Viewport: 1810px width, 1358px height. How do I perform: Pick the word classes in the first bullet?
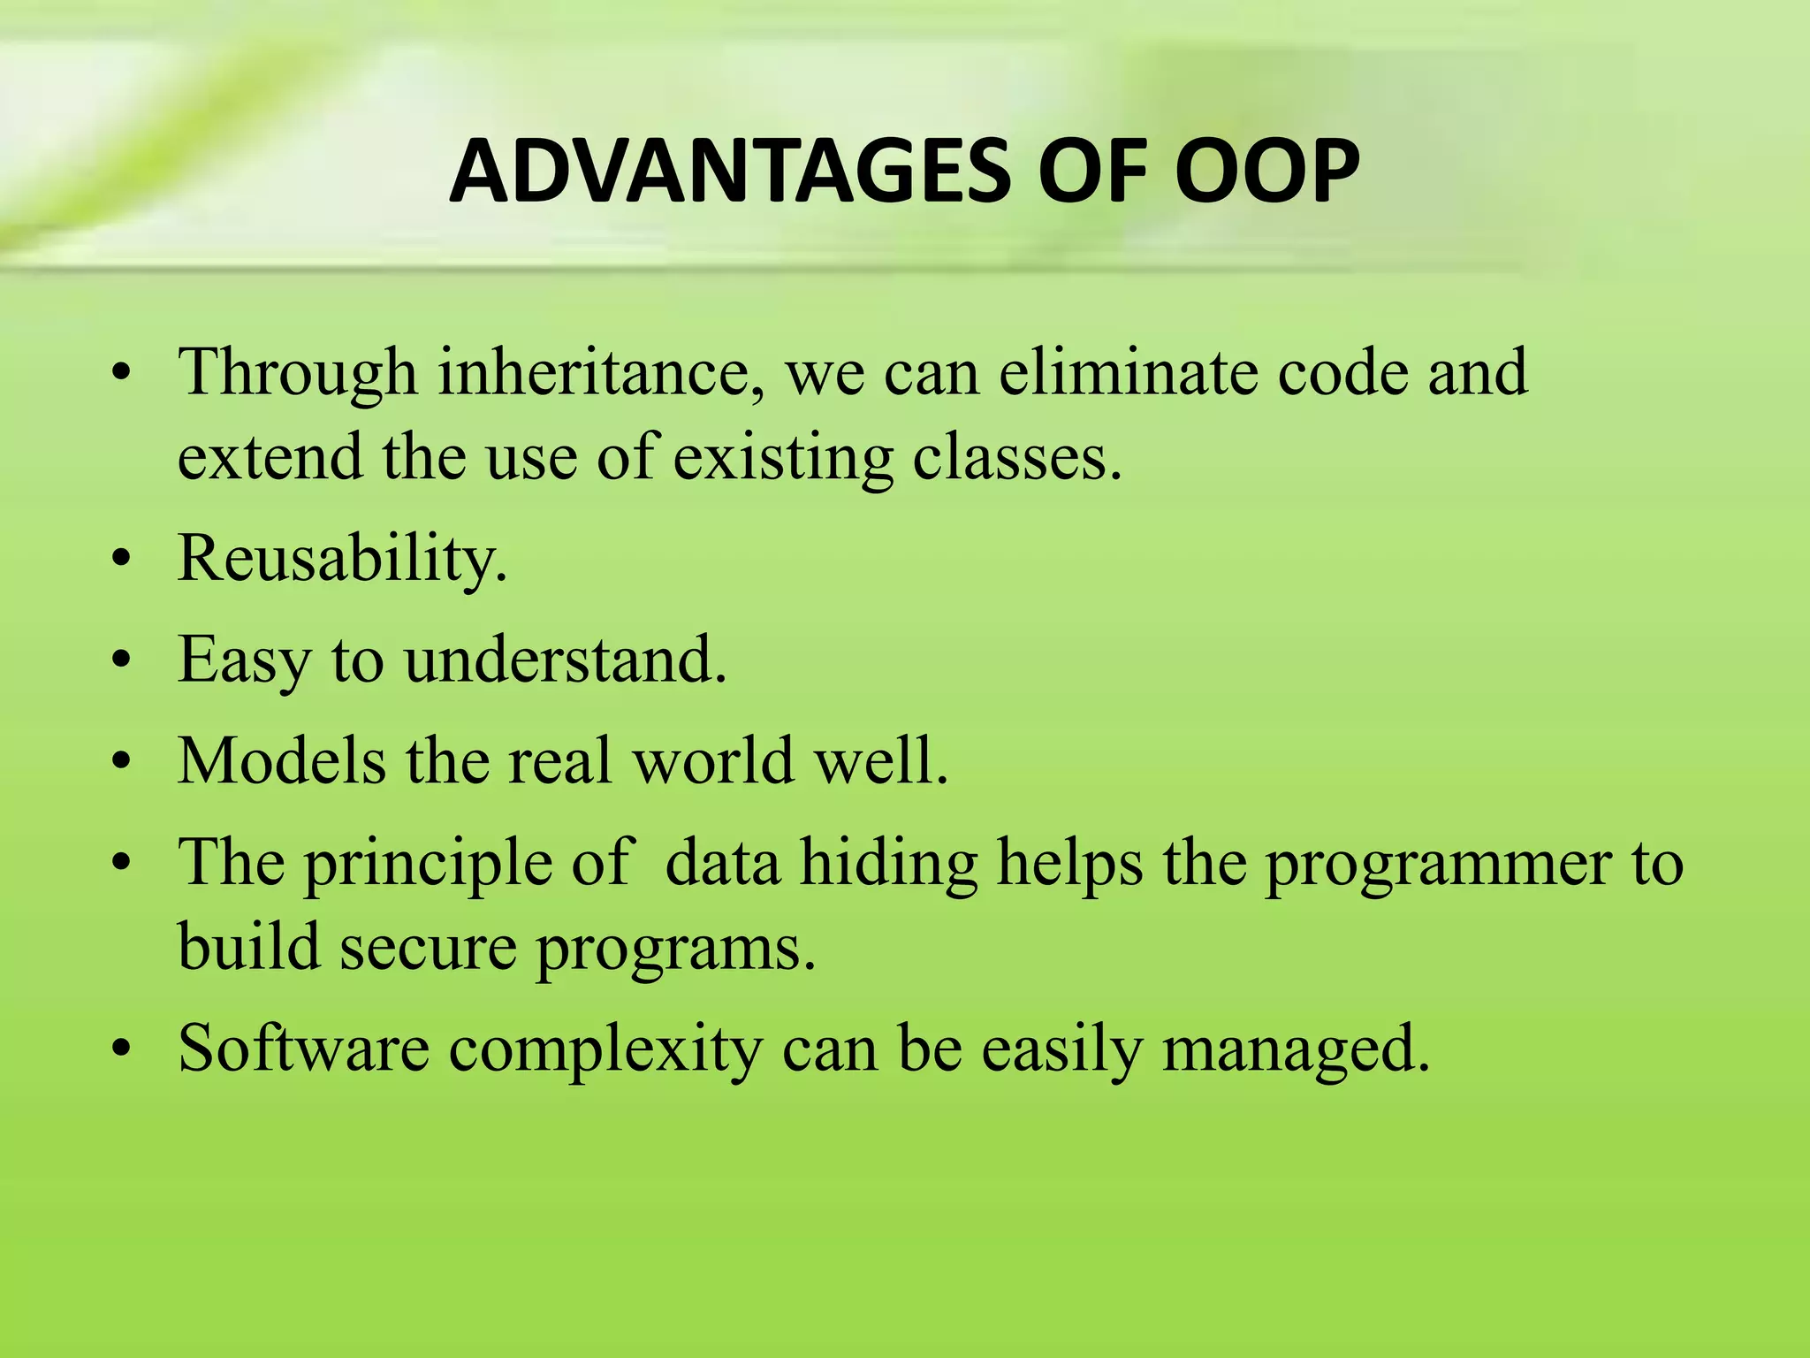coord(1016,458)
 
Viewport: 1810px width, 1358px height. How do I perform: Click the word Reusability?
coord(343,560)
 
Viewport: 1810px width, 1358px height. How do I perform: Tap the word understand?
coord(566,660)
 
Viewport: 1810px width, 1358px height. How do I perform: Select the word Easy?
coord(244,661)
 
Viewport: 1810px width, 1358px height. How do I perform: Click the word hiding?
coord(888,863)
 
